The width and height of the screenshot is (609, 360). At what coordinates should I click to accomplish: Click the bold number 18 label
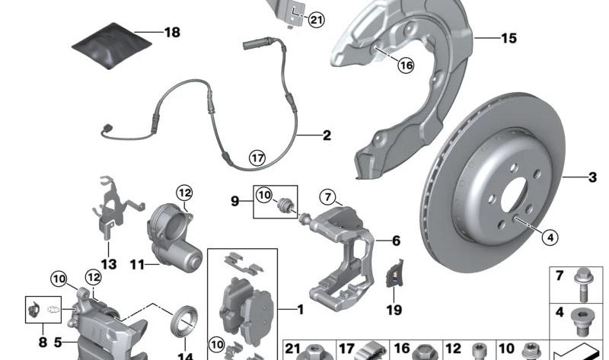[172, 32]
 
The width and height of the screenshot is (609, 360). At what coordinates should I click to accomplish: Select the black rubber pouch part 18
[112, 46]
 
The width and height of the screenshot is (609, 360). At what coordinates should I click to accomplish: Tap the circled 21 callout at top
[316, 20]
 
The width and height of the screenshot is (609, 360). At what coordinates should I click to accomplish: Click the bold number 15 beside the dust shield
[509, 38]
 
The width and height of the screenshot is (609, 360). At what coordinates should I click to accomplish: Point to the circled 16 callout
[406, 65]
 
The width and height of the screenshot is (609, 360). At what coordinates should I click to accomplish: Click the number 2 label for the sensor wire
[327, 135]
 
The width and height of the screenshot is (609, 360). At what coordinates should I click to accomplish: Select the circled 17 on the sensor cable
[257, 158]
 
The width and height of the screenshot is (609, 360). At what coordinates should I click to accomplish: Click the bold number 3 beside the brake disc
[592, 177]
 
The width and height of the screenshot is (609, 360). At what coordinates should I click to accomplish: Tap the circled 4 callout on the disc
[550, 237]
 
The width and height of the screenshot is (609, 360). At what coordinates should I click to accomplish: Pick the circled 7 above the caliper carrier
[328, 197]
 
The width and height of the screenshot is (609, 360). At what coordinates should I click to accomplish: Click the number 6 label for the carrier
[396, 241]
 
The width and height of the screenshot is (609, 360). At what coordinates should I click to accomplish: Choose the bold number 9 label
[235, 201]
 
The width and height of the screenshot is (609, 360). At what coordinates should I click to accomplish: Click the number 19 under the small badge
[394, 310]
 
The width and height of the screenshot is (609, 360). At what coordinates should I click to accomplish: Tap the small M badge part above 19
[394, 273]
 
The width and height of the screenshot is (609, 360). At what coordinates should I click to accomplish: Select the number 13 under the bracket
[109, 264]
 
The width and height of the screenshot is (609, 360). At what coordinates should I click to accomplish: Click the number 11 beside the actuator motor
[137, 265]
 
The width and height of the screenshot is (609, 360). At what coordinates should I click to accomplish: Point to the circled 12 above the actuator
[184, 193]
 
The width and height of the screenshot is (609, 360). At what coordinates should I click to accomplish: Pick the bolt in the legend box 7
[582, 285]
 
